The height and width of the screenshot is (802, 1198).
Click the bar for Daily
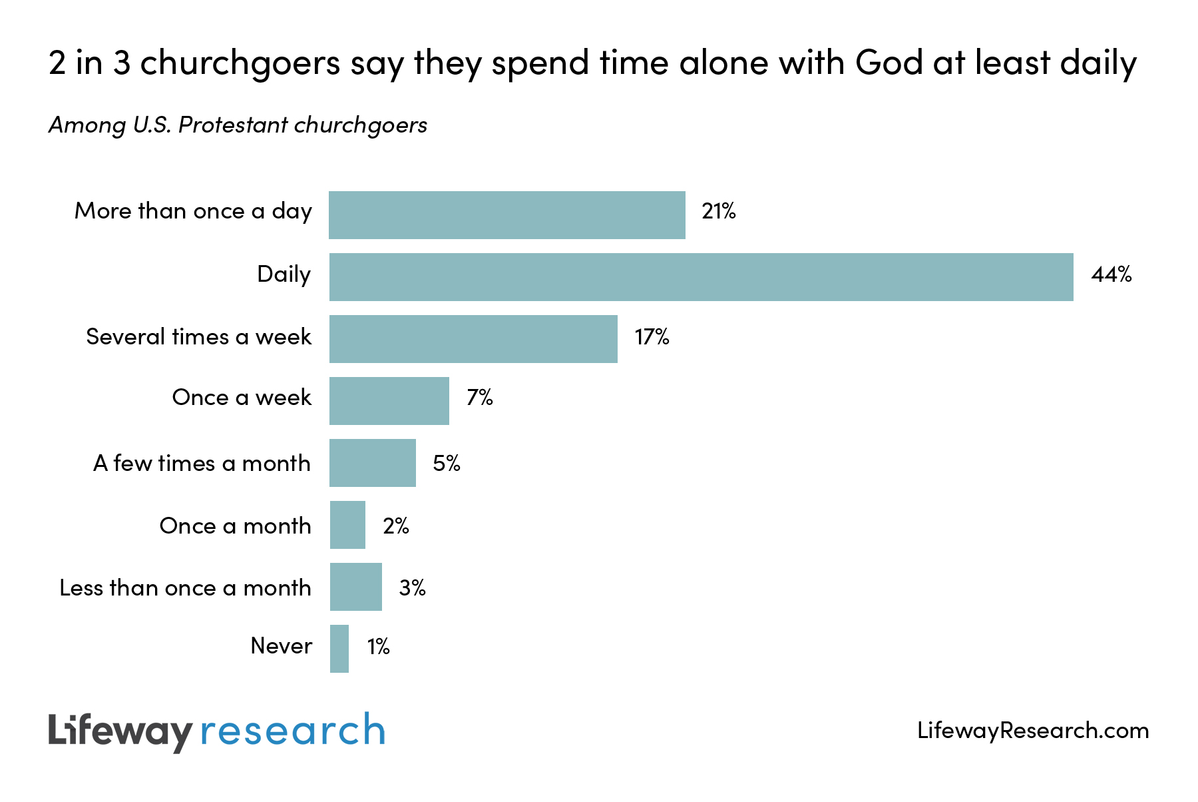pos(701,277)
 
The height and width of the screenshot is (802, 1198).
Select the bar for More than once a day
pos(506,215)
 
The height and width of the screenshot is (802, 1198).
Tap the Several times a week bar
pos(473,339)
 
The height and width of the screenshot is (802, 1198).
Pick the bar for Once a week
pos(389,401)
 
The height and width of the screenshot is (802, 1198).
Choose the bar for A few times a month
pos(372,463)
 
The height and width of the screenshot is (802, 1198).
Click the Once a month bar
pos(347,525)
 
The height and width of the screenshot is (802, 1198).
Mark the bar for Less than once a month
pos(355,587)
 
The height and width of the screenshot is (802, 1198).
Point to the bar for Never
pos(339,649)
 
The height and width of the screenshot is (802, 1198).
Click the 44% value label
pos(1111,274)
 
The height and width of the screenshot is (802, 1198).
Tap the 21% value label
pos(718,212)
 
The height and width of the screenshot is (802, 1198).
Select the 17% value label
pos(652,337)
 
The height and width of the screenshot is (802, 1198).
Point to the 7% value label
pos(479,398)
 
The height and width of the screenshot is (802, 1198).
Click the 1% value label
pos(378,646)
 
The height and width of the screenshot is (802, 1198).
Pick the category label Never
pos(281,646)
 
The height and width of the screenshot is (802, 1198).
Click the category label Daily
pos(284,274)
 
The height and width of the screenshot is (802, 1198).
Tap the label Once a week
pos(242,398)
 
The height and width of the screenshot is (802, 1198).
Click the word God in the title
pos(889,63)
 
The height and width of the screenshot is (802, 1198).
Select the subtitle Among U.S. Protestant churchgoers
pos(238,125)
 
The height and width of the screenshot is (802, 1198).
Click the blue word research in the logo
pos(292,731)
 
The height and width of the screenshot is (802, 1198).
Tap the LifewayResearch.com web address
pos(1032,731)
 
